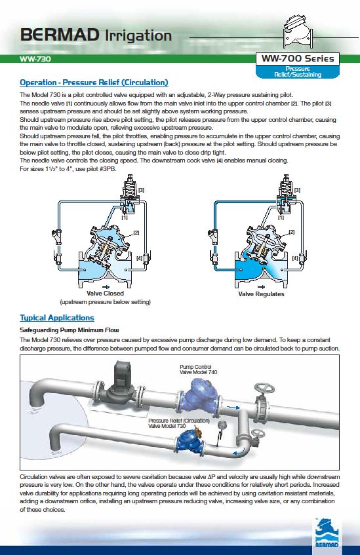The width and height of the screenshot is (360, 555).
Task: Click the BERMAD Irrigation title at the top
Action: coord(96,35)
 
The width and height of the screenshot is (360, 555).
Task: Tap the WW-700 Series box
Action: coord(298,58)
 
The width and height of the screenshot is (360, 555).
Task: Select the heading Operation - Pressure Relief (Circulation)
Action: coord(94,83)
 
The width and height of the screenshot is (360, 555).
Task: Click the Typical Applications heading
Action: coord(57,318)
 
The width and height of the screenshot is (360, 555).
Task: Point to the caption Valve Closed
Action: coord(105,294)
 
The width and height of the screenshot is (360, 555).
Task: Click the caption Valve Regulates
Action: coord(261,294)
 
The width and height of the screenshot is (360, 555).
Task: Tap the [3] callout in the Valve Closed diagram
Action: coord(142,190)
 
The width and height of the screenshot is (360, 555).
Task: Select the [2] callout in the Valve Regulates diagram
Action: coord(292,232)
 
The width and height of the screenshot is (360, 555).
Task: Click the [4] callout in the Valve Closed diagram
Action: coord(139,258)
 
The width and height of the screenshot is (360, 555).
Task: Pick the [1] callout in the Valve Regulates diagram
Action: coord(281,218)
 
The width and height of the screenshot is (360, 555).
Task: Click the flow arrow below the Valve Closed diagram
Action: coord(106,287)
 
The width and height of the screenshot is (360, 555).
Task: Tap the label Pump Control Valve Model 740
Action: coord(199,370)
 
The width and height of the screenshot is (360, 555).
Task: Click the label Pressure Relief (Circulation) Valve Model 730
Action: coord(179,423)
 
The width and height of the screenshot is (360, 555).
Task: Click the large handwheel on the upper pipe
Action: coord(264,389)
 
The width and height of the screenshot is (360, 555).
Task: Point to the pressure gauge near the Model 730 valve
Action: coord(222,426)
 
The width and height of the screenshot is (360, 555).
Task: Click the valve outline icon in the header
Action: coord(298,31)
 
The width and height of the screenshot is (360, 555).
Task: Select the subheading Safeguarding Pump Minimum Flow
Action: coord(70,330)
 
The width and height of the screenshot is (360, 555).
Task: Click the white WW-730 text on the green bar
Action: coord(35,59)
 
